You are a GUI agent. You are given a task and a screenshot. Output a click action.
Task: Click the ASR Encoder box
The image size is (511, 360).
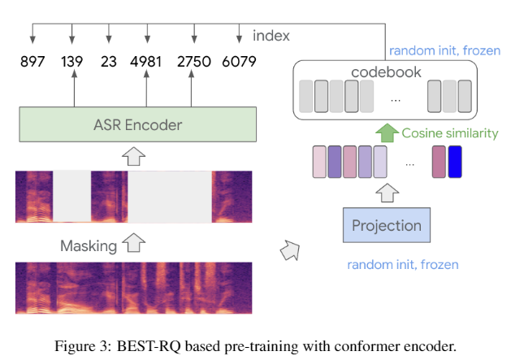pos(138,124)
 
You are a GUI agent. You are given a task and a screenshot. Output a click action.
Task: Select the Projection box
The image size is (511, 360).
pos(386,225)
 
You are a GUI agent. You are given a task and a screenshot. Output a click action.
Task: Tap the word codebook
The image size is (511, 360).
pos(386,72)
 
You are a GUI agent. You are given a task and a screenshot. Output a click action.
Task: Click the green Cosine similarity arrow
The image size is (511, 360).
pos(386,132)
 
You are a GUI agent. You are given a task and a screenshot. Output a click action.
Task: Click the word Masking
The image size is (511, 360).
pos(89,245)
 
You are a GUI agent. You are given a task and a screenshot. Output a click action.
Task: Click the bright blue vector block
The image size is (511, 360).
pos(454,160)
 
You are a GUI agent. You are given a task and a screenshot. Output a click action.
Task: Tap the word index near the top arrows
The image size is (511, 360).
pos(271,36)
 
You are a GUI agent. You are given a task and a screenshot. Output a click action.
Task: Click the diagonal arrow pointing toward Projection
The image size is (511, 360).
pos(289,249)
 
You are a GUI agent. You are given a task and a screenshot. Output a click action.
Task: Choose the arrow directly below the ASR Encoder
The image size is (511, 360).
pos(138,155)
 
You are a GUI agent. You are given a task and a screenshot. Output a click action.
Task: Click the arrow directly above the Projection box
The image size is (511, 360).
pos(386,193)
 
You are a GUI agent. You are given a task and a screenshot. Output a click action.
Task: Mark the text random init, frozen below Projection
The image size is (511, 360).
pos(403,265)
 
